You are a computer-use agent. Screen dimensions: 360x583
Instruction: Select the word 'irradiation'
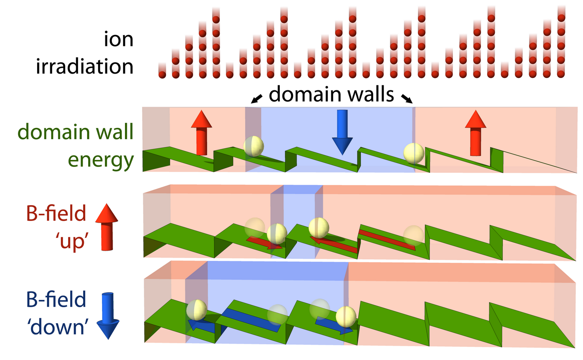click(85, 66)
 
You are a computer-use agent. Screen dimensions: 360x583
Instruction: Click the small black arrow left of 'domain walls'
click(257, 98)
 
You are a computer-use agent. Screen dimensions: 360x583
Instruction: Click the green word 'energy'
click(101, 161)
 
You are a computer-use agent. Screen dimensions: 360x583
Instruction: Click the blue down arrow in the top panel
click(342, 132)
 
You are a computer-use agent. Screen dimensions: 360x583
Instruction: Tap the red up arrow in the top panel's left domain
click(201, 133)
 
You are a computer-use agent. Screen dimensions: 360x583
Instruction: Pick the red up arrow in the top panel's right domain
click(476, 133)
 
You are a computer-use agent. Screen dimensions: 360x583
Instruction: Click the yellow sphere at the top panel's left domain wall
click(254, 146)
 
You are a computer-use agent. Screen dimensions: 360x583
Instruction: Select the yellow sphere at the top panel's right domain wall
click(414, 153)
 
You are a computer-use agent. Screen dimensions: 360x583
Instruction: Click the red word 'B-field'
click(56, 214)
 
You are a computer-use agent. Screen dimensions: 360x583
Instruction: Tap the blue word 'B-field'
click(56, 300)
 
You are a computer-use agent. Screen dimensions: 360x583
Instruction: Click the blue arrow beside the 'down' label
click(108, 315)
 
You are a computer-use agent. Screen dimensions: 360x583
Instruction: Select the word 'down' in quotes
click(59, 327)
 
